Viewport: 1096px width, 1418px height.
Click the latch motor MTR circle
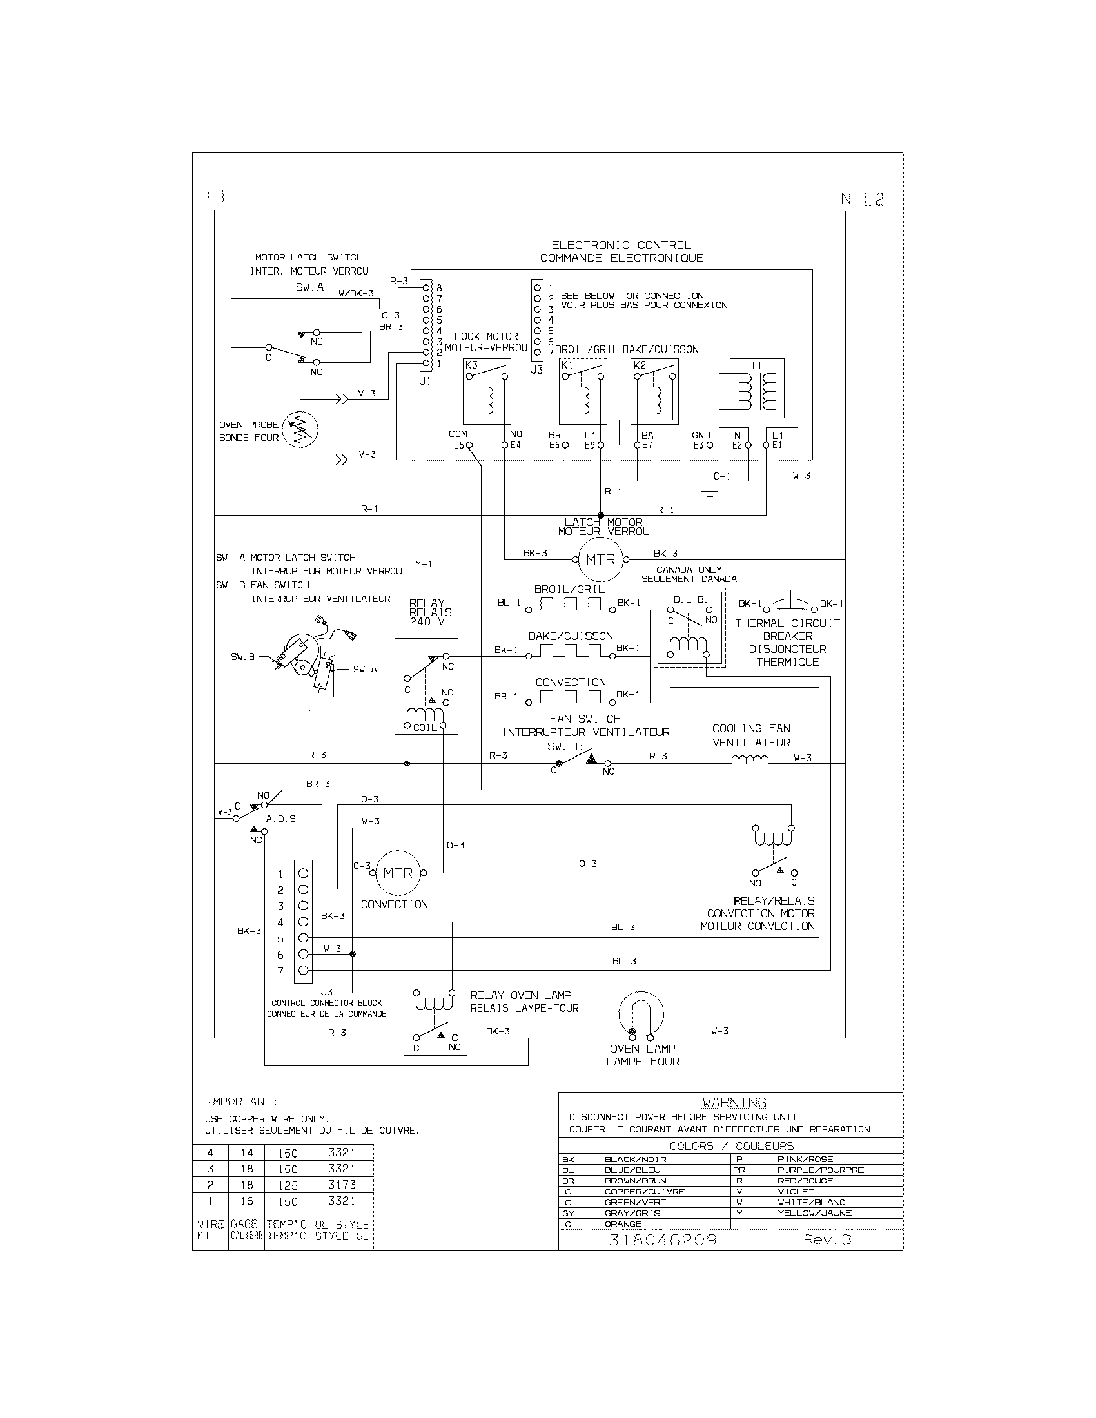pos(600,559)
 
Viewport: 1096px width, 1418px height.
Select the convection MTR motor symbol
pos(397,873)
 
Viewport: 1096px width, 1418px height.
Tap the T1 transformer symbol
pos(757,388)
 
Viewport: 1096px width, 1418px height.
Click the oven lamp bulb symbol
pos(641,1014)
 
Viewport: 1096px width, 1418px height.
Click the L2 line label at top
pos(874,199)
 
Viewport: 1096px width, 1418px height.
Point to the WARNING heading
pos(734,1102)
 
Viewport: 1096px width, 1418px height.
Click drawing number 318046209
pos(662,1240)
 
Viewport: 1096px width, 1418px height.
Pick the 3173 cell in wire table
pos(342,1184)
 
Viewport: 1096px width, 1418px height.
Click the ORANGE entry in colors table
pos(623,1224)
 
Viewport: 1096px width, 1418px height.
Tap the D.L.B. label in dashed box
pos(690,599)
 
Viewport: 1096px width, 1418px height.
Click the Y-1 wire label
pos(424,564)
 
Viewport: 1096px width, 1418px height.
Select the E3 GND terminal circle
pos(709,445)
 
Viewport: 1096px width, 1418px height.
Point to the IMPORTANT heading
pos(242,1102)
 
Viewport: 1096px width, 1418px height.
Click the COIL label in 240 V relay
pos(426,728)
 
